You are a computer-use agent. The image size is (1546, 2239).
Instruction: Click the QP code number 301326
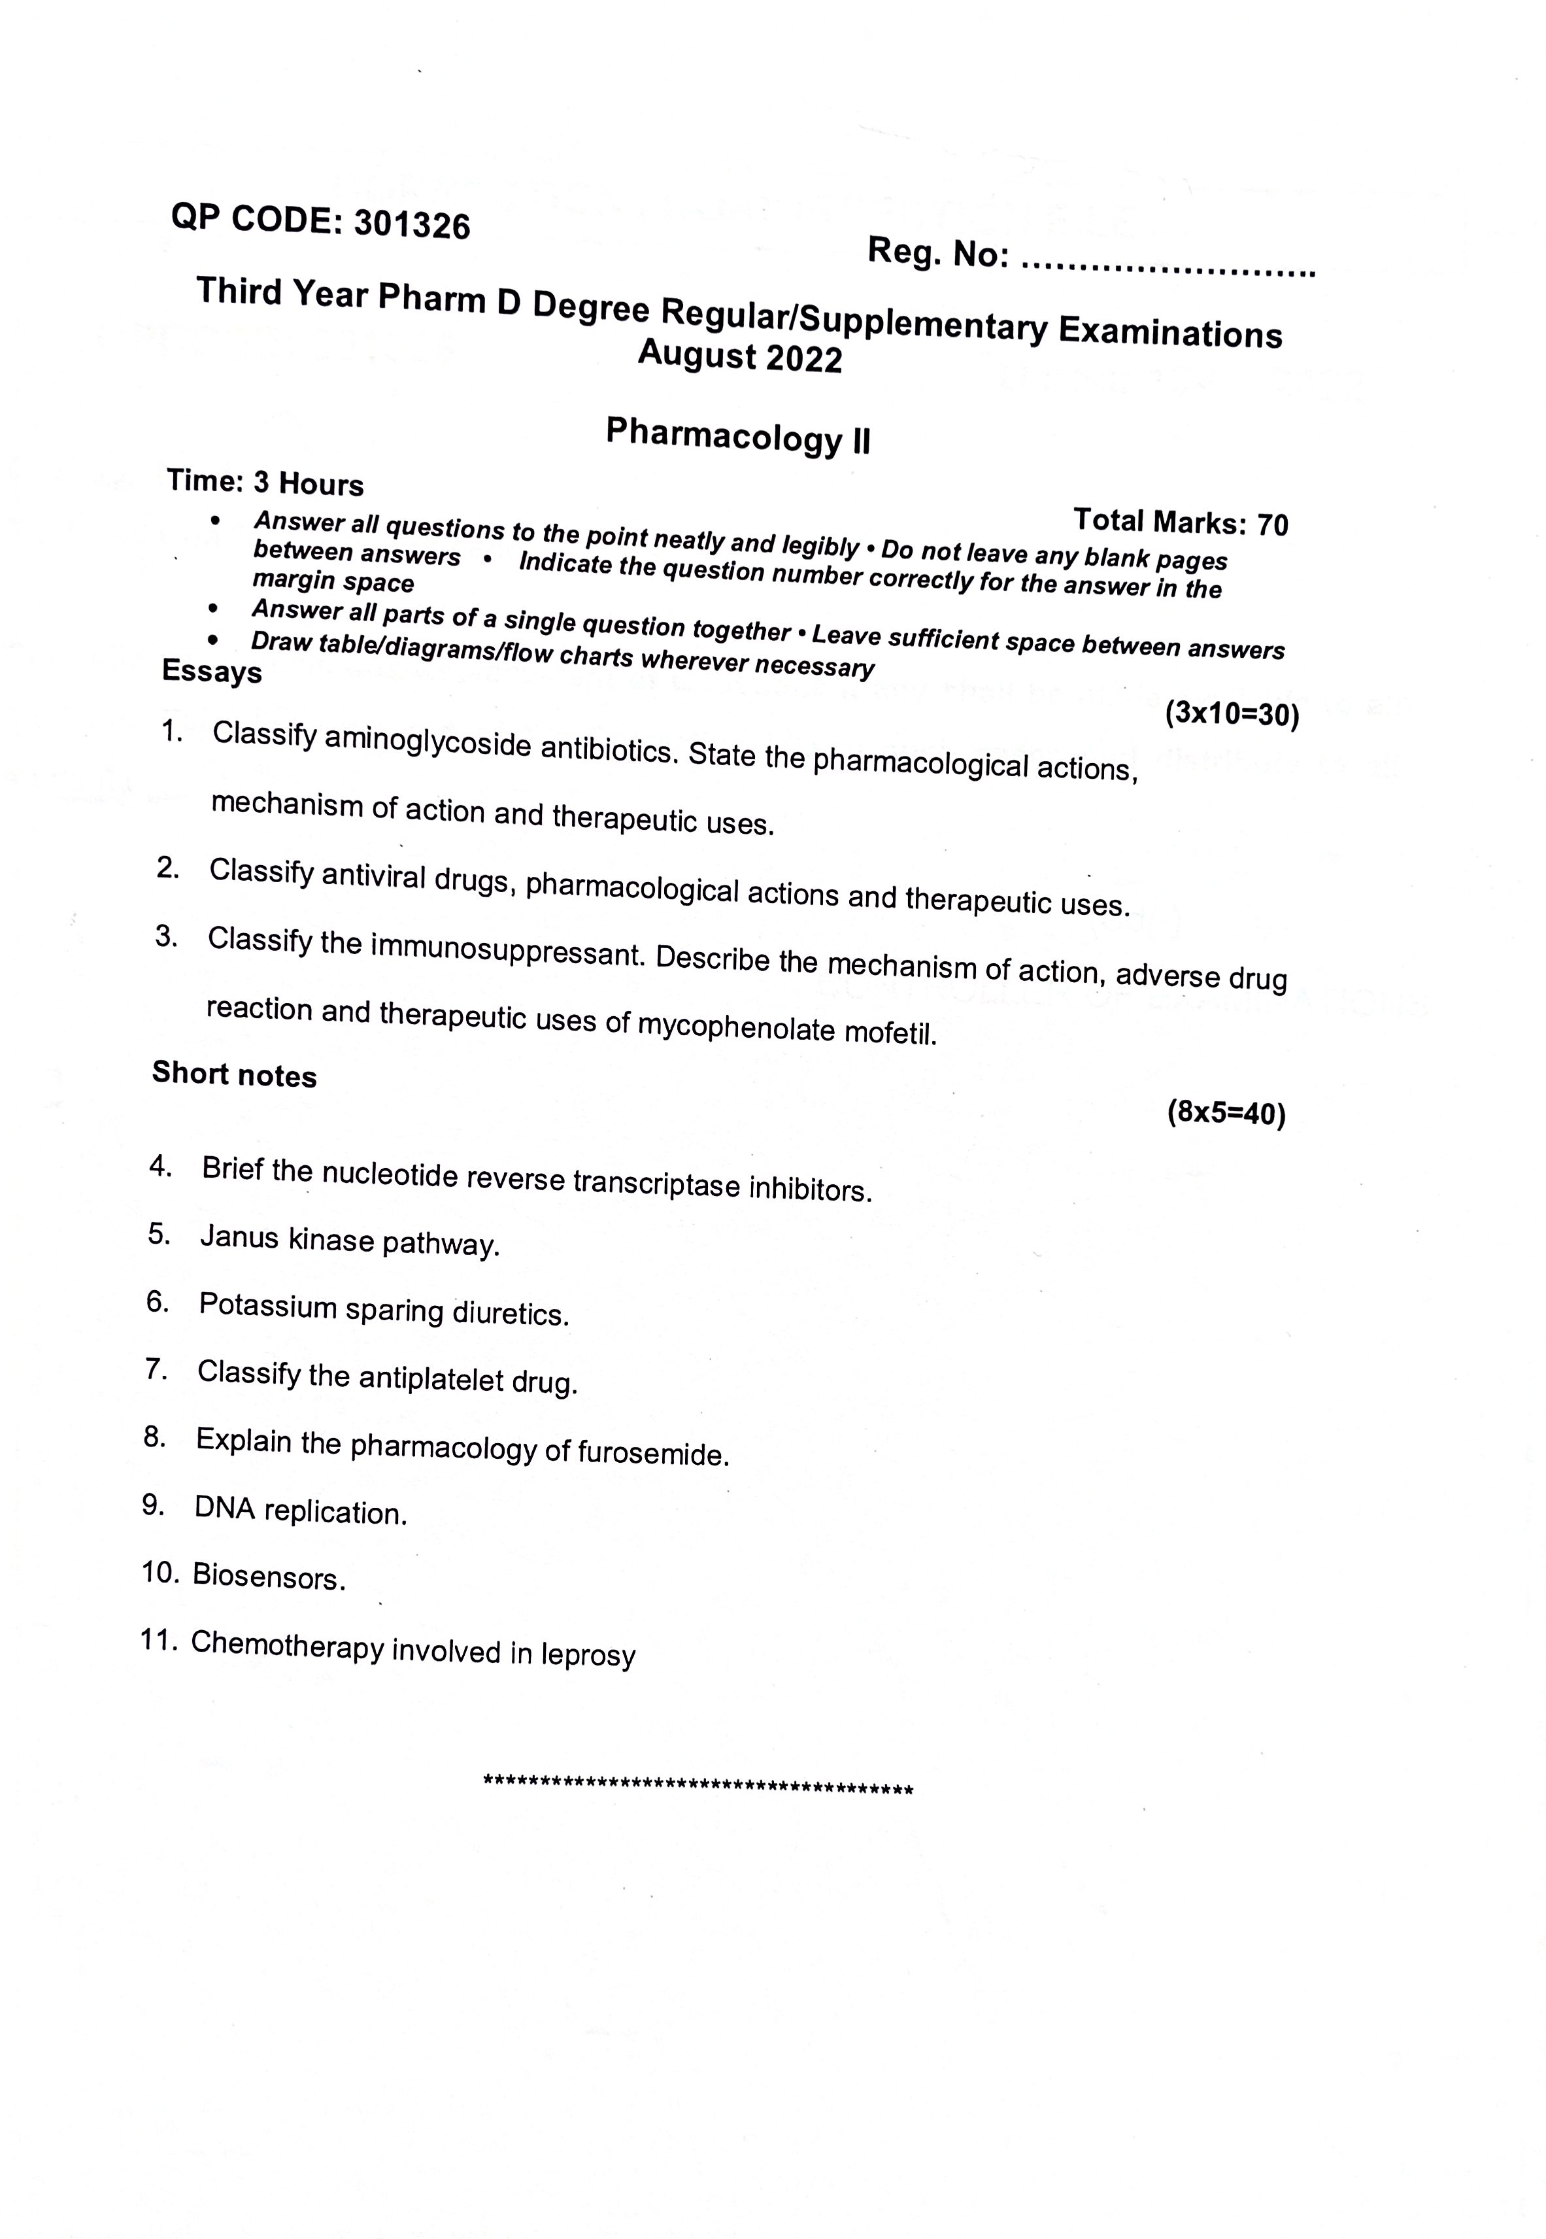(412, 225)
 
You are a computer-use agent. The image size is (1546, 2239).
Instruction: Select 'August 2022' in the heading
(740, 356)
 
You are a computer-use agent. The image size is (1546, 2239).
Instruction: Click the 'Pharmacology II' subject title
(738, 435)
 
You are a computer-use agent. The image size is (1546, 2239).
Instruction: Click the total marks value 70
(1273, 525)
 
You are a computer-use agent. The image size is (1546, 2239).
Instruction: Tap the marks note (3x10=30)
(1231, 714)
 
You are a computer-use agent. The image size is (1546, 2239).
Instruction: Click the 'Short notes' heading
(235, 1074)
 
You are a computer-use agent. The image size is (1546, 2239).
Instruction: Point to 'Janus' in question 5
(239, 1237)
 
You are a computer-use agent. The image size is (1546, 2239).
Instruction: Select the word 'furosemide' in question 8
(652, 1453)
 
